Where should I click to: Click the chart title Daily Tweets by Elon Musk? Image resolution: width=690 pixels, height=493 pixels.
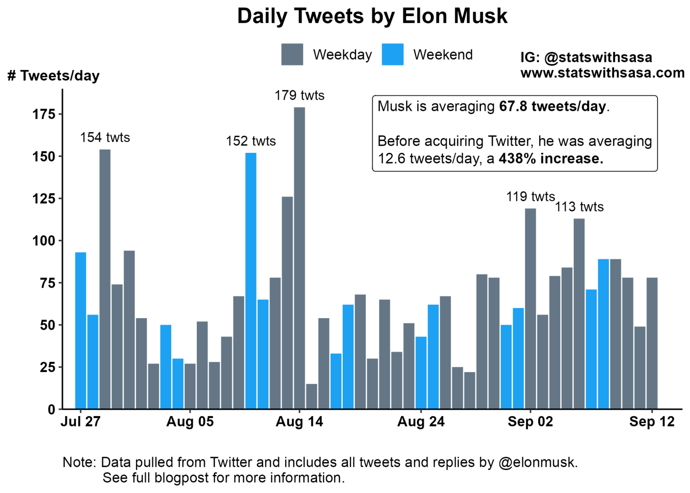(372, 17)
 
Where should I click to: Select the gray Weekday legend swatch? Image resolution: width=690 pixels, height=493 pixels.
(292, 54)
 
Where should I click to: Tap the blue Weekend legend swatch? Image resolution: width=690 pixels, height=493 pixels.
(392, 54)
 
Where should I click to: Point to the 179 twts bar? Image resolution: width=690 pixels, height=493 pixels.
(299, 258)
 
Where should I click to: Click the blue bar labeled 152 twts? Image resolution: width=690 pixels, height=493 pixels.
(251, 280)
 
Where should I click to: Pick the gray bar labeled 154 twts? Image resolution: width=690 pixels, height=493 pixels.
(105, 279)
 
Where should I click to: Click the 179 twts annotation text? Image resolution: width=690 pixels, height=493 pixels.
(299, 95)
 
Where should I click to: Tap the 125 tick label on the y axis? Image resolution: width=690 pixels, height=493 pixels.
(44, 199)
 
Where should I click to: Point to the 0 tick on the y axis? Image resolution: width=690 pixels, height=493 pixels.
(51, 409)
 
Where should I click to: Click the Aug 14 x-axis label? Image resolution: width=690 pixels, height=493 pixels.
(299, 422)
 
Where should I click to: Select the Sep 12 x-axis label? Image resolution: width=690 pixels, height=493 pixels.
(651, 422)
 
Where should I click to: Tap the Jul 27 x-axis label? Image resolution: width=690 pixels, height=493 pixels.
(80, 422)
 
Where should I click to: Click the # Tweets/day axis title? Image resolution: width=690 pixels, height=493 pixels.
(53, 76)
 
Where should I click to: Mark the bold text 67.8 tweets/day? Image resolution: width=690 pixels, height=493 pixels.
(553, 107)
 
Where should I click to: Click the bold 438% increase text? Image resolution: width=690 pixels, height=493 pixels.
(551, 159)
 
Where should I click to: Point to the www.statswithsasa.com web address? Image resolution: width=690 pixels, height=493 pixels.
(602, 73)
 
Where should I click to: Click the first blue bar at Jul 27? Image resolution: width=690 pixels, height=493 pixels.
(80, 330)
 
